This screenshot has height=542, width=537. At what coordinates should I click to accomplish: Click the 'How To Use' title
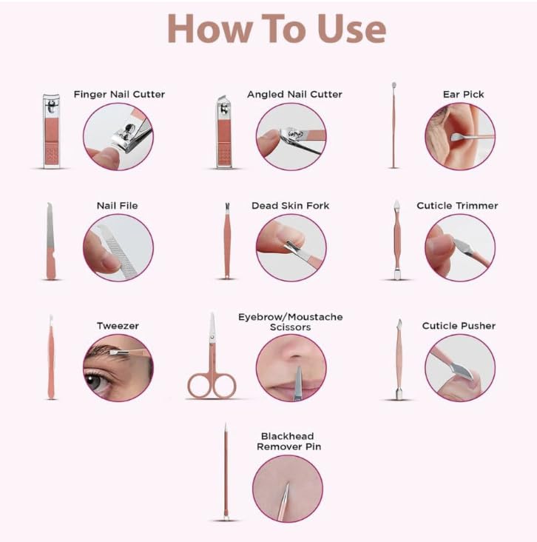(277, 29)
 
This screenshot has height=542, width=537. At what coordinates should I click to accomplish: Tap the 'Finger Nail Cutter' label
(119, 94)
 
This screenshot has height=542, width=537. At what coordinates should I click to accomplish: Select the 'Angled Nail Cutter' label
(294, 94)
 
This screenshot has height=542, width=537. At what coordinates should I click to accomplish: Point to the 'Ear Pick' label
(464, 94)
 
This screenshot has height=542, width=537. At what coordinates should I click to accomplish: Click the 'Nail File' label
(118, 206)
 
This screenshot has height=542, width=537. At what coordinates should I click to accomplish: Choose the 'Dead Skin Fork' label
(291, 206)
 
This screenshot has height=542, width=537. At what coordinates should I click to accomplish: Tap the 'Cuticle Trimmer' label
(457, 206)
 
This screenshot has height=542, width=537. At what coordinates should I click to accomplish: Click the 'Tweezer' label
(118, 326)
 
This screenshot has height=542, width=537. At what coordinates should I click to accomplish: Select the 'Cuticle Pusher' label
(459, 326)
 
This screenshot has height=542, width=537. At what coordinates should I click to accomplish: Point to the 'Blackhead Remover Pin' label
(288, 441)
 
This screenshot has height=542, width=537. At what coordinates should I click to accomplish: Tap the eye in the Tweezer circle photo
(94, 381)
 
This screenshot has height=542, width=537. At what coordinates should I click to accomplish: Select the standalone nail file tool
(50, 241)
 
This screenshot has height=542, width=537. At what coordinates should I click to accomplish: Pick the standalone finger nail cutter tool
(52, 131)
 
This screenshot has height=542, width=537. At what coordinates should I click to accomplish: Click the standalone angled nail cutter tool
(224, 132)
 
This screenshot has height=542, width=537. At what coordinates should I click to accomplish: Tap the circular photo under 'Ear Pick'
(460, 136)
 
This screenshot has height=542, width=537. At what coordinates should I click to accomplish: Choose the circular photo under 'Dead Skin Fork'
(291, 247)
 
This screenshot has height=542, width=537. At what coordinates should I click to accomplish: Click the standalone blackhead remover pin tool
(226, 472)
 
